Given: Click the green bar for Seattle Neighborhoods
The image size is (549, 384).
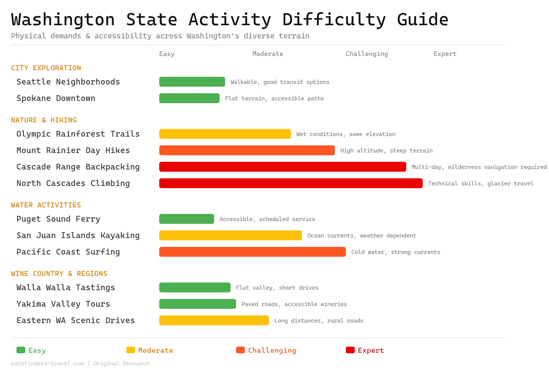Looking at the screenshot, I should (x=192, y=82).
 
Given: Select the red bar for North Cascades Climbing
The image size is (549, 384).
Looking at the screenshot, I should (x=291, y=183).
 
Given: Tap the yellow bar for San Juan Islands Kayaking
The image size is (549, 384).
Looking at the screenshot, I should (x=230, y=235).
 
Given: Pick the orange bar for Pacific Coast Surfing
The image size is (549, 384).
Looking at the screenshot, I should (x=252, y=252).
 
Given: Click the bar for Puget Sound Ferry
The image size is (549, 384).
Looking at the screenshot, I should (x=186, y=219).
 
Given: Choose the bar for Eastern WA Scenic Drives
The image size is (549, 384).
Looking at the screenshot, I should (x=214, y=320).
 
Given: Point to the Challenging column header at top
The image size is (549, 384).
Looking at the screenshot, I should (x=367, y=54).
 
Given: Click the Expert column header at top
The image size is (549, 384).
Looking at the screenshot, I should (x=445, y=54).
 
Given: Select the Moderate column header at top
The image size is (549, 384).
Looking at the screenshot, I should (x=268, y=54).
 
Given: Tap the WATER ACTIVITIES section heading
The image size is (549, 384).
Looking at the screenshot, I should (x=46, y=205).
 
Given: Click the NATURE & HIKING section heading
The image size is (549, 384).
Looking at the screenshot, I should (x=44, y=120).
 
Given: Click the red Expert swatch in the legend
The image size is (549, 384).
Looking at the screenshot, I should (x=350, y=350).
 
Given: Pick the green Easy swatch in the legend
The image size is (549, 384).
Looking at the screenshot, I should (x=21, y=350).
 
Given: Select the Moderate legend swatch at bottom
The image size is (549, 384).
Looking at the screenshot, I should (x=131, y=350).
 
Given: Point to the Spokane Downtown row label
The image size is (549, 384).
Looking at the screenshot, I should (x=56, y=98).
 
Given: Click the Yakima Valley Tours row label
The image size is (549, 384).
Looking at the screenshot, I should (x=63, y=304).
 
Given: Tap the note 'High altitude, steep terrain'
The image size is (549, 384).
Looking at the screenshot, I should (x=386, y=151).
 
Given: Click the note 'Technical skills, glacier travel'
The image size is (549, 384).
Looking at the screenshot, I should (x=481, y=183).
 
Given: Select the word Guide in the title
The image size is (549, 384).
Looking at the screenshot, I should (x=422, y=20).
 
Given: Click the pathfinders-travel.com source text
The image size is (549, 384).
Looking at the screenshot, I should (x=47, y=363).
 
